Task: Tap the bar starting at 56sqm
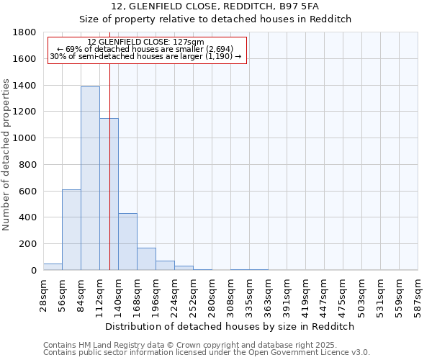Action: point(71,230)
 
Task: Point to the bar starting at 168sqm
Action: point(146,259)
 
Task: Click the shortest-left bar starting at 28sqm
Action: point(53,266)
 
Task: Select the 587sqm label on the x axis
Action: point(418,294)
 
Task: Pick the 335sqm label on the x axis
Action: point(249,294)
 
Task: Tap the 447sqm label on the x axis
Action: point(324,294)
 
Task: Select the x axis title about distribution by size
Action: point(230,326)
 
